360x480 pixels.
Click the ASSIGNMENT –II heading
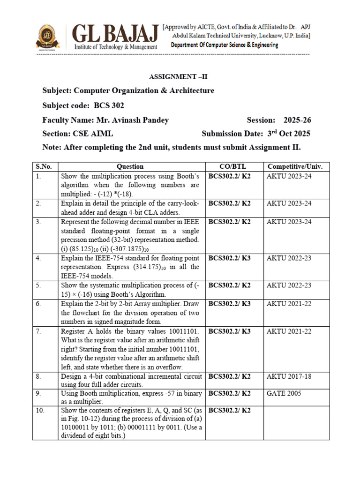tap(179, 77)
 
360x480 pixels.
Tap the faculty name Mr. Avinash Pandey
tap(132, 120)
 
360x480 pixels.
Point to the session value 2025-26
tap(297, 120)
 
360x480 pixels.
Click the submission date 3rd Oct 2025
tap(289, 134)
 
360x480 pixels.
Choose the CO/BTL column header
tap(231, 166)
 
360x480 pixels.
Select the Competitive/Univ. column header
tap(295, 166)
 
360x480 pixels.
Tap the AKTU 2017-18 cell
tap(289, 376)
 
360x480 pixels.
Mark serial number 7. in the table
tap(38, 331)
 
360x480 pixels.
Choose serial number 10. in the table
tap(40, 411)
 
